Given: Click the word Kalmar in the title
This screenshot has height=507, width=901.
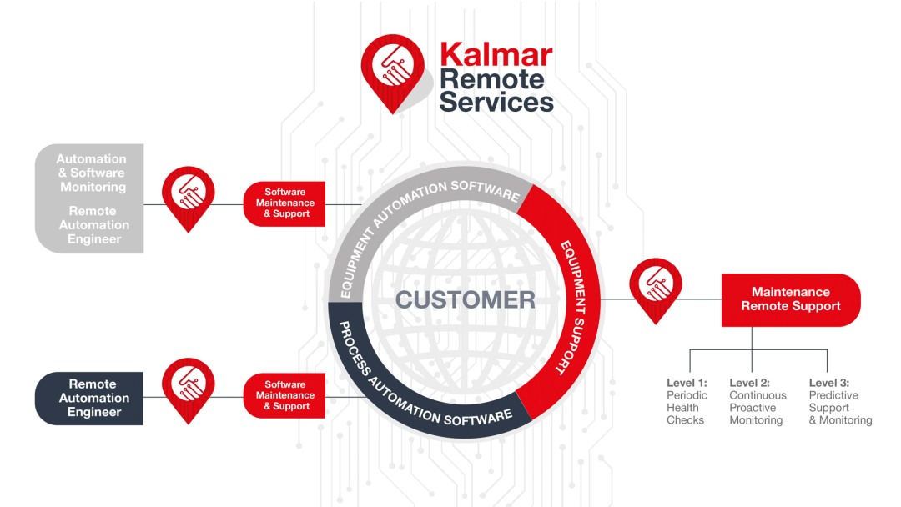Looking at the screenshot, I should click(x=496, y=55).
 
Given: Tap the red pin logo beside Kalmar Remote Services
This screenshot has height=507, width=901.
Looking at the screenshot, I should click(x=390, y=70).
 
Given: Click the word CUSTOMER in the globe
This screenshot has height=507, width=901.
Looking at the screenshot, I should click(x=466, y=299).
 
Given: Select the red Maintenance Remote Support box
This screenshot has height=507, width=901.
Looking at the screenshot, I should click(x=791, y=299).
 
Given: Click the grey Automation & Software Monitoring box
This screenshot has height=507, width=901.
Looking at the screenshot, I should click(x=90, y=198).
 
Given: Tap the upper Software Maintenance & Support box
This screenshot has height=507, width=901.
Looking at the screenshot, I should click(x=284, y=203).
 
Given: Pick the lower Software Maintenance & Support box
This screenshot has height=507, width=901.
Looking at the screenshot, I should click(x=284, y=395).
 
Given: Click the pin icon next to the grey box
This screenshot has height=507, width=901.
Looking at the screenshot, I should click(x=188, y=195).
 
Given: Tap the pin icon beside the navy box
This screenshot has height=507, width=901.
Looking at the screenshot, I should click(x=188, y=388).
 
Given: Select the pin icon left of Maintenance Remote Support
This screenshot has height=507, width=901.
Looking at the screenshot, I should click(x=656, y=287).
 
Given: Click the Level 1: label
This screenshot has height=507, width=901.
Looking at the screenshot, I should click(x=687, y=383).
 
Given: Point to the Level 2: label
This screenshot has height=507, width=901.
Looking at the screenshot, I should click(x=750, y=383).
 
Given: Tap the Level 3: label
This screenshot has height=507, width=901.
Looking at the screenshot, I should click(x=829, y=383).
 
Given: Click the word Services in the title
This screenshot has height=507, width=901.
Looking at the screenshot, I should click(x=496, y=102).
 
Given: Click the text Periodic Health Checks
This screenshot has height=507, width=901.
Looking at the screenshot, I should click(x=687, y=408).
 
